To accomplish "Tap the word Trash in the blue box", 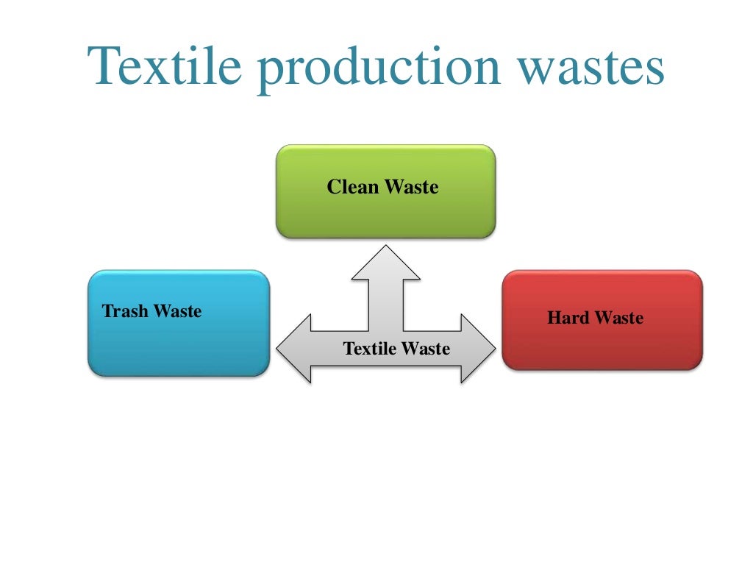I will point(122,311).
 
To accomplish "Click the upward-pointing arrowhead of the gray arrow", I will point(385,261).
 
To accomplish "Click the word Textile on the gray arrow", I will point(369,349).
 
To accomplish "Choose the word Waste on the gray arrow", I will point(424,349).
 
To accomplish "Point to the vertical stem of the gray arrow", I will point(385,302).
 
